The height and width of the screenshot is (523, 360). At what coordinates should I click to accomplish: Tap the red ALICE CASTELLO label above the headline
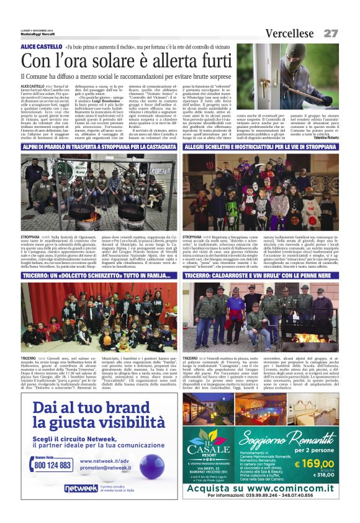[x=40, y=47]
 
